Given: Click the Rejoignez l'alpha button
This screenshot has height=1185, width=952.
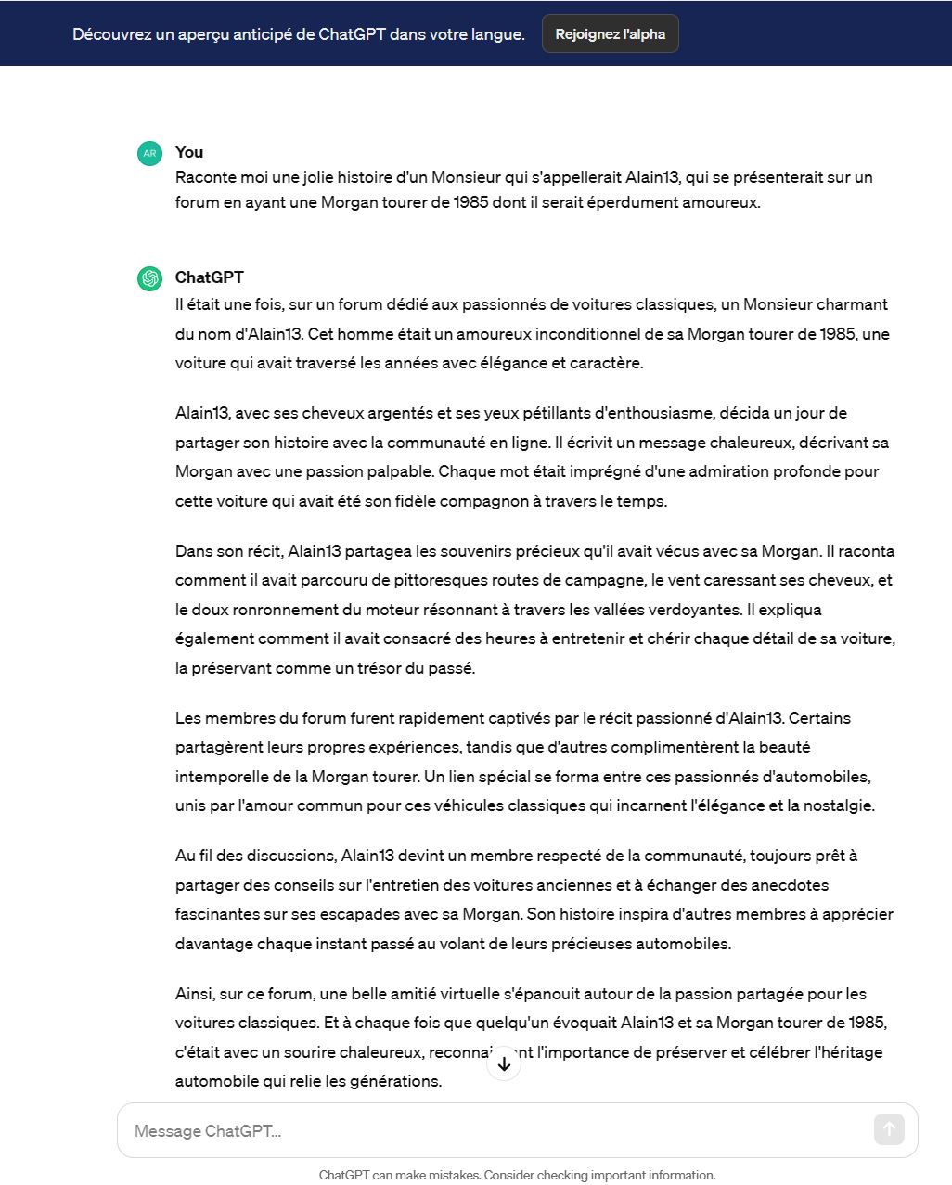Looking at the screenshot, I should [x=610, y=34].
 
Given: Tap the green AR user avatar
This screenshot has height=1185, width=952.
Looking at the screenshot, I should [x=149, y=154].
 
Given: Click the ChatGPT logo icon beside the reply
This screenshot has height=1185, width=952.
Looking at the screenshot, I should [x=149, y=278].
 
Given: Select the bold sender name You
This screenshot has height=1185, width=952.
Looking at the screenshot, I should [x=189, y=152].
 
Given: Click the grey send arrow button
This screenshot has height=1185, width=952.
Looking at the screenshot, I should [x=889, y=1129].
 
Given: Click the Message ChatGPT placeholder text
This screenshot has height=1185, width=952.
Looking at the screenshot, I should [x=208, y=1131].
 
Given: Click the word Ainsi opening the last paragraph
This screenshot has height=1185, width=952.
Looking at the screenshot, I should [x=194, y=994].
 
